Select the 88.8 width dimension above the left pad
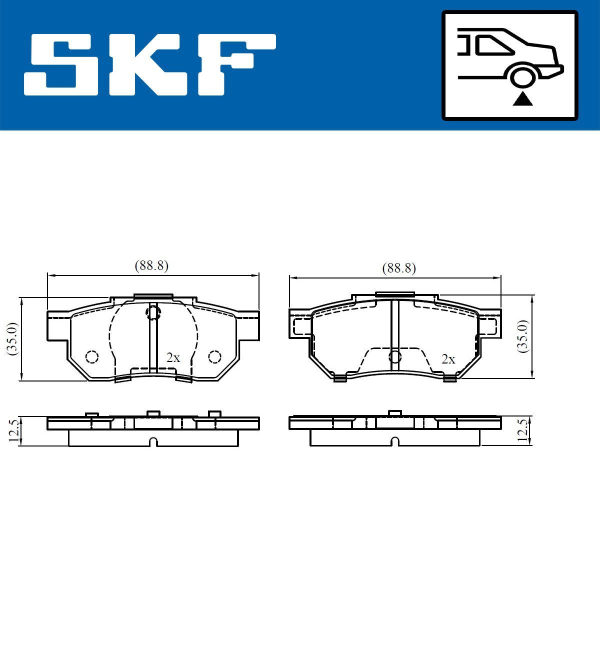151,265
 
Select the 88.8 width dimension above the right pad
399,268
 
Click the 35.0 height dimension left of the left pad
12,338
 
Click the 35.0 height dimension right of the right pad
523,336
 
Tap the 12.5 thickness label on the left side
14,430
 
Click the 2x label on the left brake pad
173,357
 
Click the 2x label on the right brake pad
448,359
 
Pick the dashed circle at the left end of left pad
91,357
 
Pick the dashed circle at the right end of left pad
214,356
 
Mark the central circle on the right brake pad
395,356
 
